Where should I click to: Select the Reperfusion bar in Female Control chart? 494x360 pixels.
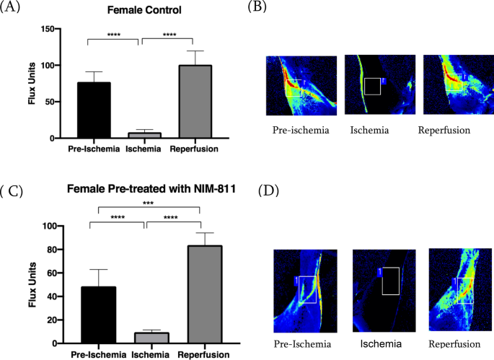click(x=194, y=102)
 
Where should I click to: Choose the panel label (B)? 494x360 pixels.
click(x=260, y=7)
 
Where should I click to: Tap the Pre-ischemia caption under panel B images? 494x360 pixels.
click(x=301, y=132)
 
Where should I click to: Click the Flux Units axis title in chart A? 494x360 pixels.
click(x=32, y=84)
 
